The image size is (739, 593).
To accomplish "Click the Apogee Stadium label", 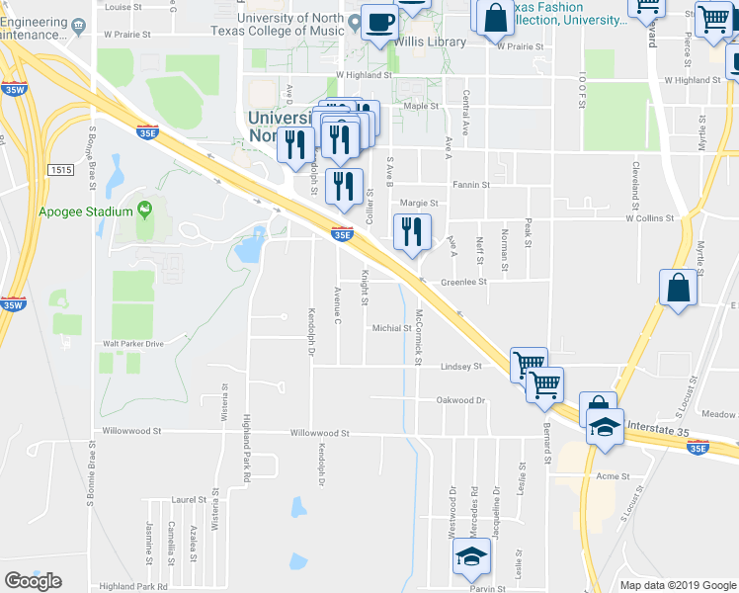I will (85, 212).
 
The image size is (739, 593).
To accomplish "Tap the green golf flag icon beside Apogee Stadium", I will (146, 210).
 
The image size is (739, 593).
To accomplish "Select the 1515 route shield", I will (60, 170).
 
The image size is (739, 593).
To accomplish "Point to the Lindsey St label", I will (461, 366).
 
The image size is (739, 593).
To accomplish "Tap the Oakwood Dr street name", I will (461, 400).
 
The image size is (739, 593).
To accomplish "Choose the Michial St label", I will (391, 328).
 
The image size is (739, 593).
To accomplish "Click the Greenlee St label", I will (464, 282).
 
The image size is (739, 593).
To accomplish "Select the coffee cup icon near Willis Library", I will (379, 20).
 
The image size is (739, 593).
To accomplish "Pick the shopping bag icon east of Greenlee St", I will (678, 289).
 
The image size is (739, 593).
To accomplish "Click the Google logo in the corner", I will (33, 581).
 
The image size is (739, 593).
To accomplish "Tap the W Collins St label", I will (649, 218).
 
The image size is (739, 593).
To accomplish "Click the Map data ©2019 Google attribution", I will (678, 585).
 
